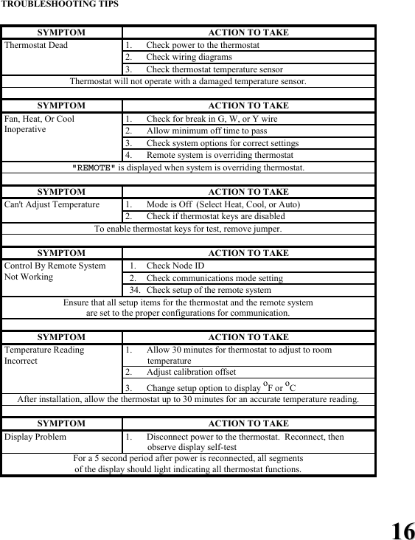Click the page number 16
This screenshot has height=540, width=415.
coord(402,530)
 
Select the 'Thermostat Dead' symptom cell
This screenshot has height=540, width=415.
coord(36,45)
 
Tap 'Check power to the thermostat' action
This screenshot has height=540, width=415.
coord(203,45)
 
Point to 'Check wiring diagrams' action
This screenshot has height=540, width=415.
coord(189,57)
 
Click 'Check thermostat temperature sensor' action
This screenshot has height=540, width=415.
coord(214,69)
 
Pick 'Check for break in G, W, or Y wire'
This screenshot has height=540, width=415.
coord(212,118)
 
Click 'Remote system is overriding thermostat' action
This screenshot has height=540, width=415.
coord(220,155)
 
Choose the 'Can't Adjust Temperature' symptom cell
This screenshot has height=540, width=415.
coord(52,204)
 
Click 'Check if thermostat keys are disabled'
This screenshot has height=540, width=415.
coord(215,216)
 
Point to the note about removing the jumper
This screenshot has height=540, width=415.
coord(188,229)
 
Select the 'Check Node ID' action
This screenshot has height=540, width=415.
coord(175,266)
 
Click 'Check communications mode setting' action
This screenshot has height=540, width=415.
coord(215,278)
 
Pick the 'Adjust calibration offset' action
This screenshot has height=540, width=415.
coord(191,372)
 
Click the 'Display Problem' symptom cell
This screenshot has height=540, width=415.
coord(35,436)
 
